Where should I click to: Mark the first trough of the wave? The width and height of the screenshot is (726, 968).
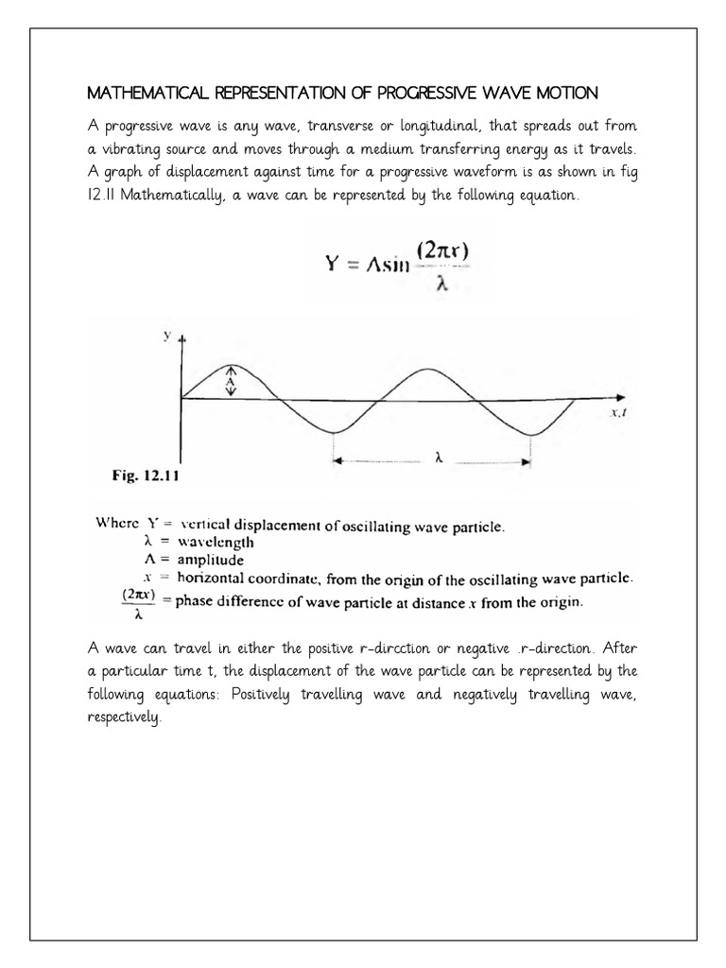point(332,431)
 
